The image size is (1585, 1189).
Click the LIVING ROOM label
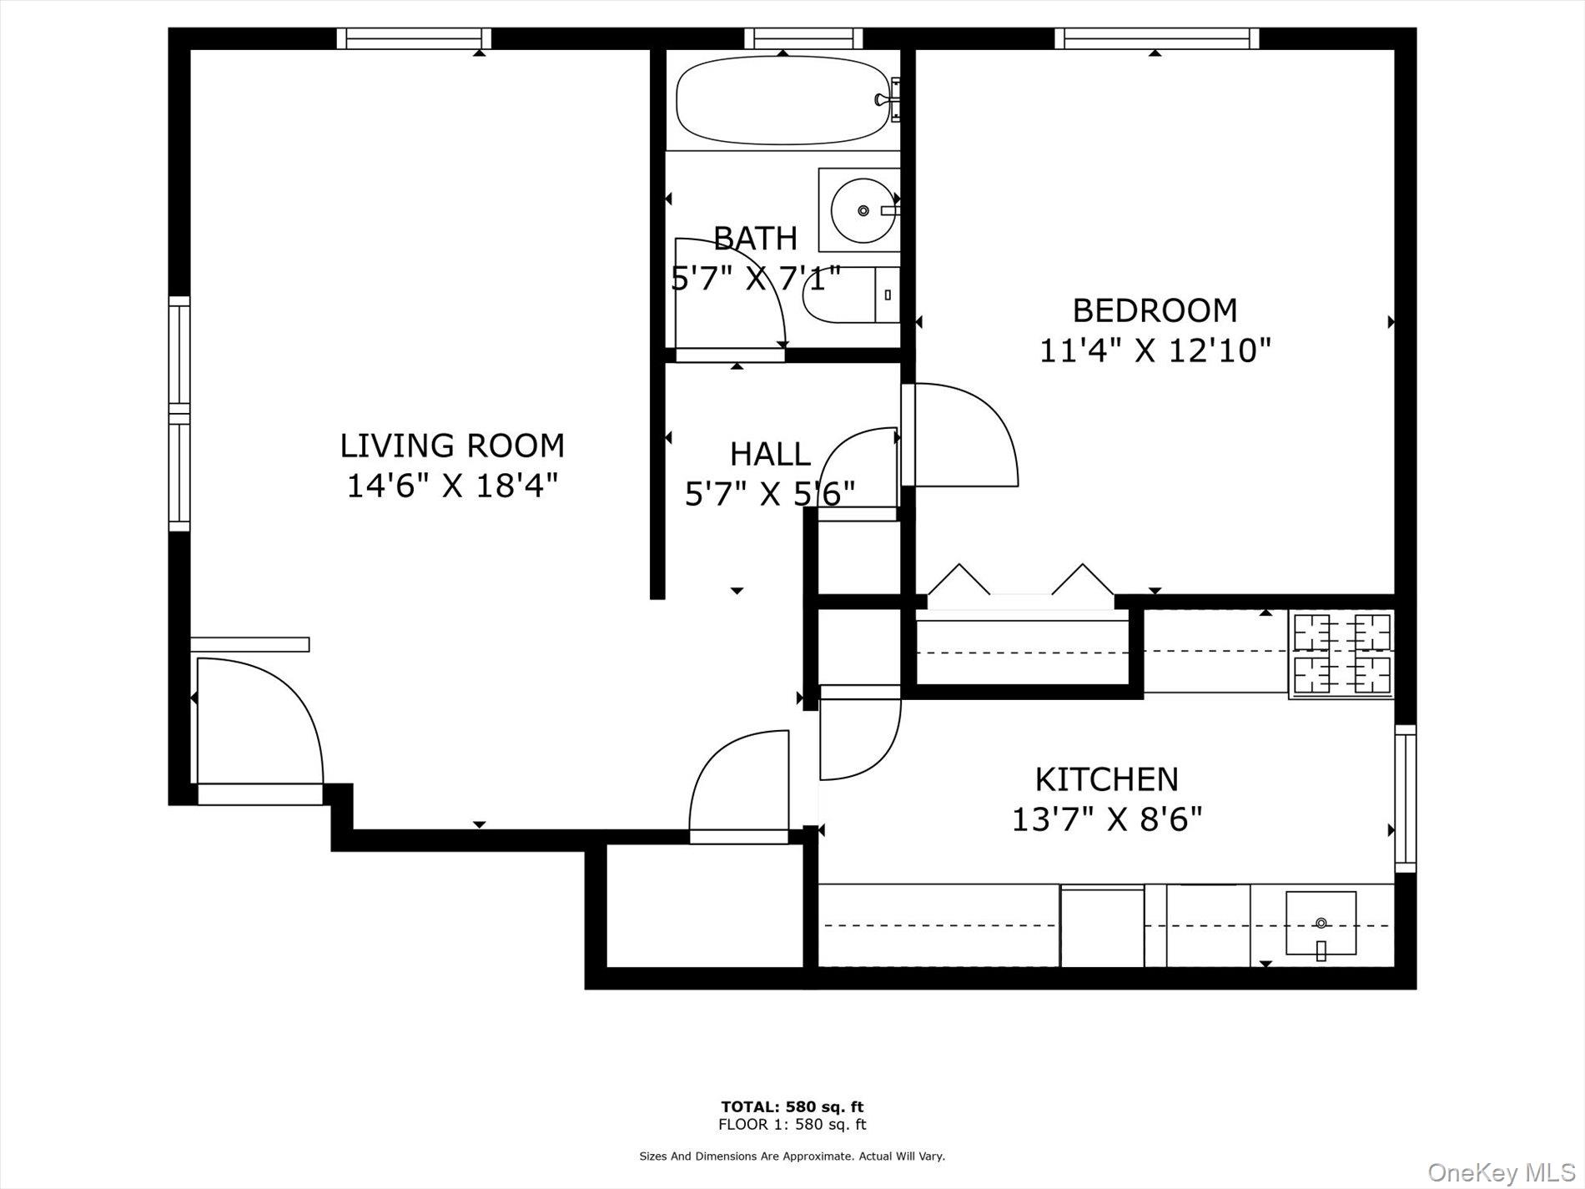point(452,446)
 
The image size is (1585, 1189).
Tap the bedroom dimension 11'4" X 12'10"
point(1155,350)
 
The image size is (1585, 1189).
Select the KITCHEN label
point(1106,779)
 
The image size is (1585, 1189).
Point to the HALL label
point(769,455)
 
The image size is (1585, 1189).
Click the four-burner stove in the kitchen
point(1341,653)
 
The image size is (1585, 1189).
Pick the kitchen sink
point(1320,924)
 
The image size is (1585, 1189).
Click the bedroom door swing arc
point(968,434)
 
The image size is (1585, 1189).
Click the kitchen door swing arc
point(859,734)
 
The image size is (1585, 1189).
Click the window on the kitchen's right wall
point(1405,799)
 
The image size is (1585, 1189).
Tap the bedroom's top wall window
point(1156,38)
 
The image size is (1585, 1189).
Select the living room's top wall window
point(415,38)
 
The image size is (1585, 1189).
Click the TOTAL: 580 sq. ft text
point(792,1107)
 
